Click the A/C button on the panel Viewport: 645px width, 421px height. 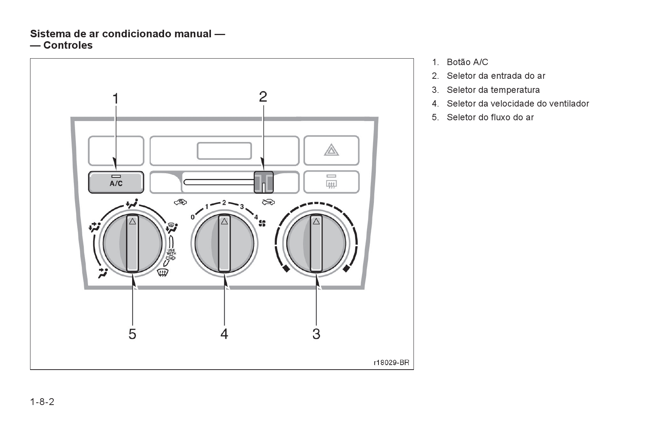click(x=116, y=182)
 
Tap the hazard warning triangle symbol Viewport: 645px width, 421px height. click(x=331, y=150)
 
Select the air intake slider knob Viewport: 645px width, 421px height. click(x=263, y=182)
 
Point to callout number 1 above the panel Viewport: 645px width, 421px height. click(x=115, y=99)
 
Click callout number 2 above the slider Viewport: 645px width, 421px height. click(x=263, y=97)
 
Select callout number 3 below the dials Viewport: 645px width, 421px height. click(x=316, y=334)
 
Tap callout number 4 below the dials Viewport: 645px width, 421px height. click(x=224, y=334)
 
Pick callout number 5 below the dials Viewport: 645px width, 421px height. click(x=132, y=334)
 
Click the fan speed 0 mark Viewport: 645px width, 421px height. click(x=193, y=217)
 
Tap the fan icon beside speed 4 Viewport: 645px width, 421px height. click(x=262, y=223)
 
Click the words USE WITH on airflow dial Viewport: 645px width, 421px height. click(x=171, y=252)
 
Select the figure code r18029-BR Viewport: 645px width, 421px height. click(x=391, y=362)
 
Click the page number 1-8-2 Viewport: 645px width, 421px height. click(x=42, y=402)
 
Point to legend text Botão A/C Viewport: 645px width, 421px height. click(x=467, y=62)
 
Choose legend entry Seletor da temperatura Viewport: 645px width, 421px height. click(x=493, y=90)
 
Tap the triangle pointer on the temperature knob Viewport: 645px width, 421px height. click(x=316, y=221)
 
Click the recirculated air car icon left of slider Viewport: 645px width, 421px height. click(x=180, y=202)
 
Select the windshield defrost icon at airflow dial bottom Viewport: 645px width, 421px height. click(x=163, y=272)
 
